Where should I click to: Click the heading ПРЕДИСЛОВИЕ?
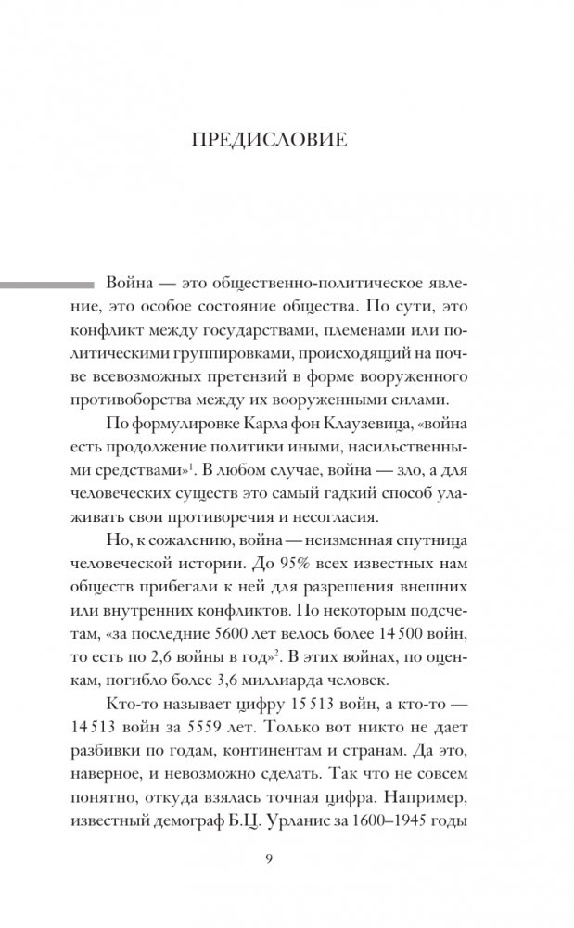click(x=268, y=141)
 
